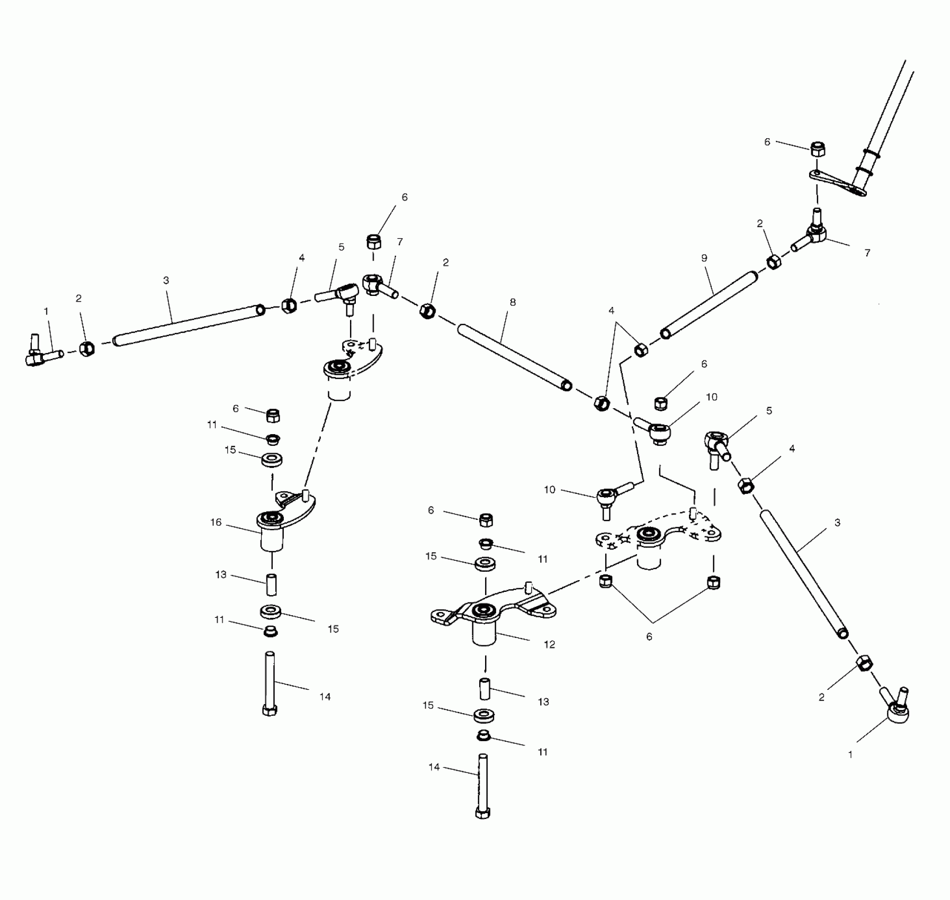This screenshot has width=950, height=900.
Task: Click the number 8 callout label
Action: [512, 302]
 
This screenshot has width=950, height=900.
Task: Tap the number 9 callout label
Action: [704, 258]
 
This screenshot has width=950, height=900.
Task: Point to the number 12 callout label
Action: [549, 644]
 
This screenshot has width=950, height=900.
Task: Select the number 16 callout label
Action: [216, 523]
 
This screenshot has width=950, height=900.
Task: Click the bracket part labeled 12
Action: [492, 614]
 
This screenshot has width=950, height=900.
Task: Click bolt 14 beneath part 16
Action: [270, 683]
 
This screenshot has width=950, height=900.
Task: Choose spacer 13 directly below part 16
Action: [271, 585]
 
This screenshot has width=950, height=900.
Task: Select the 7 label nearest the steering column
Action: [867, 253]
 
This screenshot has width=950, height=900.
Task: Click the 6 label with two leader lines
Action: [649, 637]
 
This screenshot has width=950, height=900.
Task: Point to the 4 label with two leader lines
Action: [612, 311]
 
